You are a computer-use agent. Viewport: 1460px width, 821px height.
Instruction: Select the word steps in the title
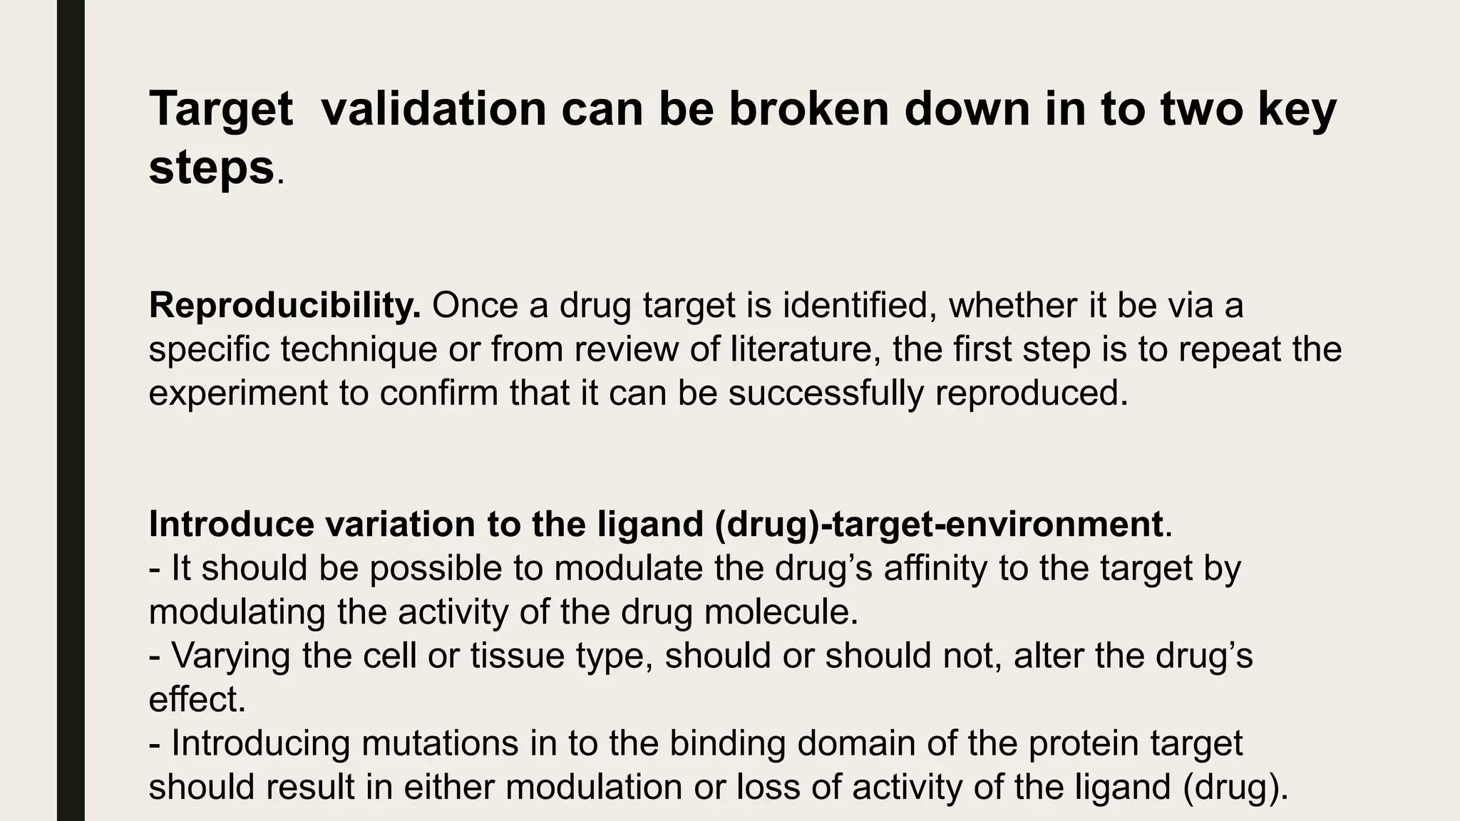point(211,168)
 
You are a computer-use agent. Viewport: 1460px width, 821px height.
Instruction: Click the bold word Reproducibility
point(284,306)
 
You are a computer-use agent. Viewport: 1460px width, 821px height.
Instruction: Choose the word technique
point(359,349)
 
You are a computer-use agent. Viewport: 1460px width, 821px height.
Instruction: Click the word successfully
point(826,393)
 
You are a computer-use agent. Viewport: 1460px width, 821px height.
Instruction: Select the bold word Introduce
point(231,525)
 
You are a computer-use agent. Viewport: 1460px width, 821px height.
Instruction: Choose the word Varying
point(230,656)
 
